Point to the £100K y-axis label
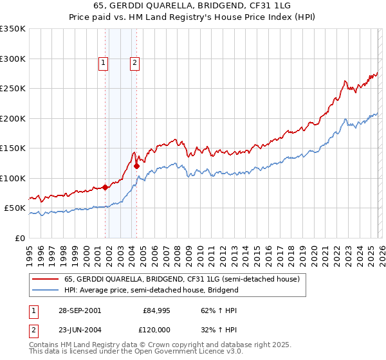(x=13, y=178)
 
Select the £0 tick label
(x=19, y=238)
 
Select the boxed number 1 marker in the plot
(x=103, y=62)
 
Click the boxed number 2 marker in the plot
(x=134, y=62)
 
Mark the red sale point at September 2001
(x=105, y=188)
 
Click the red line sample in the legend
(x=46, y=280)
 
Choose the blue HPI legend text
(x=151, y=290)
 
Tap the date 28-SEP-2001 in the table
(x=79, y=310)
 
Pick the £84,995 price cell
(x=157, y=310)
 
